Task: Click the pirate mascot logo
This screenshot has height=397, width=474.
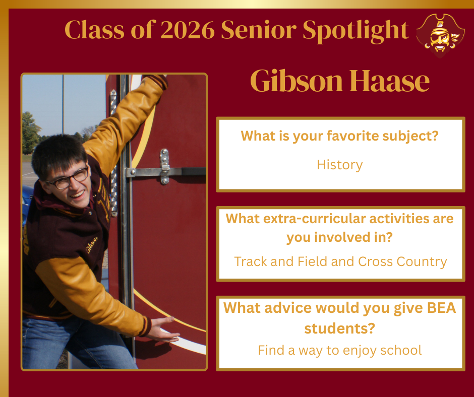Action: click(x=440, y=34)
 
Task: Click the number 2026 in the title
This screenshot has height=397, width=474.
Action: click(x=189, y=30)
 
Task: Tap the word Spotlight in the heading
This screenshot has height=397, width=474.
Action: click(x=355, y=30)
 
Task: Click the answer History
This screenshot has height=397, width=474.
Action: click(x=339, y=164)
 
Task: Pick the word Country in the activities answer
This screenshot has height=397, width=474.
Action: click(x=422, y=261)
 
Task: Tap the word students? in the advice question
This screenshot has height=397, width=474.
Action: click(x=339, y=329)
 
